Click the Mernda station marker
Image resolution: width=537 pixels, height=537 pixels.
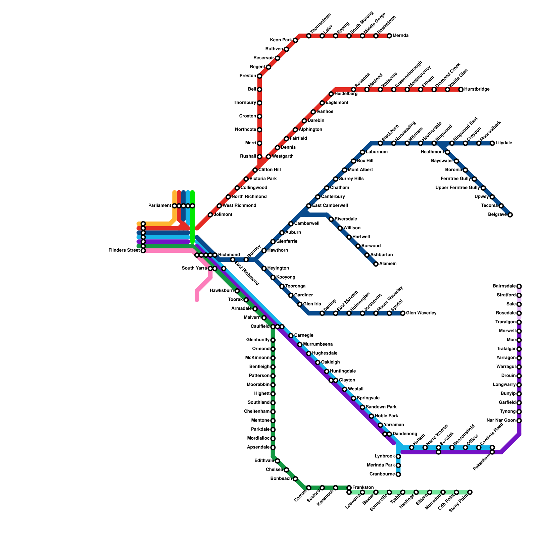coord(389,36)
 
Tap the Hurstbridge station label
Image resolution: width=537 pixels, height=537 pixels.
coord(477,90)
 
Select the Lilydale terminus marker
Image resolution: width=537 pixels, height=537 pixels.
coord(492,143)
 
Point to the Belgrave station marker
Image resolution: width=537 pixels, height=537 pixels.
coord(510,215)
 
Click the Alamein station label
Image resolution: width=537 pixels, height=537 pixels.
coord(388,264)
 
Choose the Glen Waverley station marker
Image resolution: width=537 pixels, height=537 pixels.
coord(403,313)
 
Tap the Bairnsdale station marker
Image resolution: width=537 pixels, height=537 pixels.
coord(519,286)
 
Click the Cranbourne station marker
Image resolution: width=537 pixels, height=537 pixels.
coord(398,474)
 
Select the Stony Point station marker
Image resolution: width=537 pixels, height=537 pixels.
coord(470,492)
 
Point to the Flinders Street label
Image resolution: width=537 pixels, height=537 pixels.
coord(124,250)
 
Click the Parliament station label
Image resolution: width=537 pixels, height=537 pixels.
coord(160,206)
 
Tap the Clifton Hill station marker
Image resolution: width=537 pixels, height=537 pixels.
coord(255,170)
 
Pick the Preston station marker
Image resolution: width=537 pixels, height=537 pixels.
coord(259,76)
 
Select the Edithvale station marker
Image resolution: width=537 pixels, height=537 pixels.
coord(277,461)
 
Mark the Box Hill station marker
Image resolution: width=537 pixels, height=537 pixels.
coord(353,161)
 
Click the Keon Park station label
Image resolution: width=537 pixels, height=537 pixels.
coord(281,40)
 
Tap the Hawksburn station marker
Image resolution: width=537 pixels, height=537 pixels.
coord(237,291)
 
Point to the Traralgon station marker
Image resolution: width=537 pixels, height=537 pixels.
coord(519,322)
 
